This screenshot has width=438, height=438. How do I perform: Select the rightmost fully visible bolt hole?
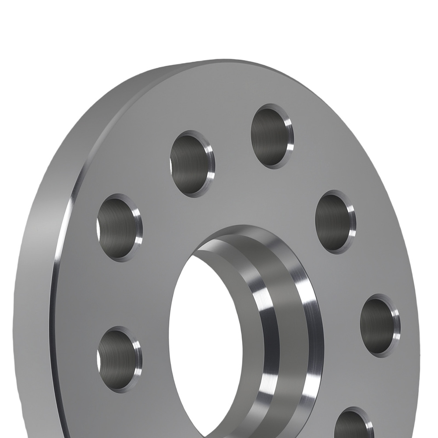[x=379, y=325]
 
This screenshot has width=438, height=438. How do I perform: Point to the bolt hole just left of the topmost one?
[x=192, y=163]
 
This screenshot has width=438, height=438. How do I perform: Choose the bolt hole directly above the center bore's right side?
[x=335, y=222]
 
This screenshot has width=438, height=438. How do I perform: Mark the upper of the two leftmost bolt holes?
[x=119, y=227]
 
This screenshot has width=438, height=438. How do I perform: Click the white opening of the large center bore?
[x=206, y=333]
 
